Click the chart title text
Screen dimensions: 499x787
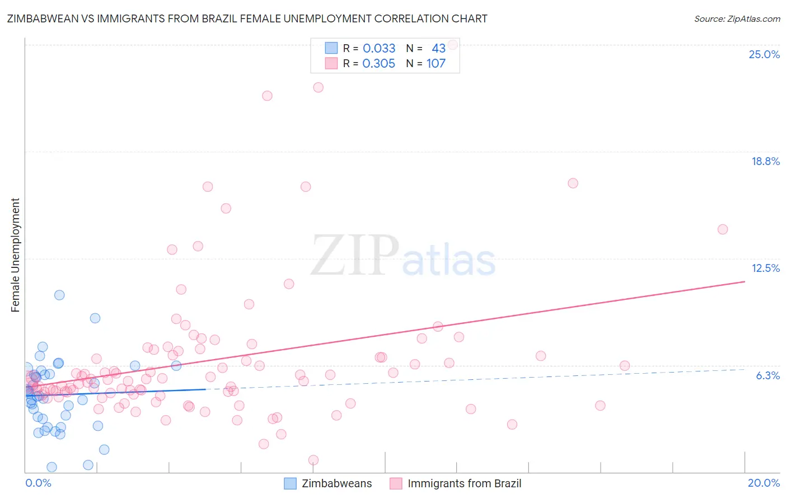click(x=247, y=18)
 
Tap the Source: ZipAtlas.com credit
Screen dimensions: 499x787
click(x=737, y=18)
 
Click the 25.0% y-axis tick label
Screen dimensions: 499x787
click(x=764, y=54)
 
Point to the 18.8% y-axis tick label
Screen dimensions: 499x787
click(x=765, y=161)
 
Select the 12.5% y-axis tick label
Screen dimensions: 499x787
click(x=765, y=268)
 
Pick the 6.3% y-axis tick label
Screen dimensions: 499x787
click(x=767, y=375)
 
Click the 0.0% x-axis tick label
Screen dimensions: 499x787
click(x=38, y=483)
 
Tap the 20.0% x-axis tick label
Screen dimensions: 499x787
click(x=763, y=483)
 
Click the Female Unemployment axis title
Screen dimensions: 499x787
click(x=15, y=255)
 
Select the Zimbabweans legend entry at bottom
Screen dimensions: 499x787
click(x=328, y=483)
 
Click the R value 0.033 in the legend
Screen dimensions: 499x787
click(x=379, y=48)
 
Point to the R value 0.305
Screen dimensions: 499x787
click(x=378, y=64)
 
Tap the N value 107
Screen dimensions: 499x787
click(x=436, y=64)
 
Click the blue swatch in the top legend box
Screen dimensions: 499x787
click(x=331, y=48)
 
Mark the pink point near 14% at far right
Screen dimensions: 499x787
click(x=723, y=229)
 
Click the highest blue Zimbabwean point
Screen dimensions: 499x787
click(x=59, y=295)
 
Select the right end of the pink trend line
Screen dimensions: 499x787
click(x=744, y=281)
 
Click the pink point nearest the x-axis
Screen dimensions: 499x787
click(x=313, y=460)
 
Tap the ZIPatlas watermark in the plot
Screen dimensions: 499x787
click(x=403, y=256)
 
